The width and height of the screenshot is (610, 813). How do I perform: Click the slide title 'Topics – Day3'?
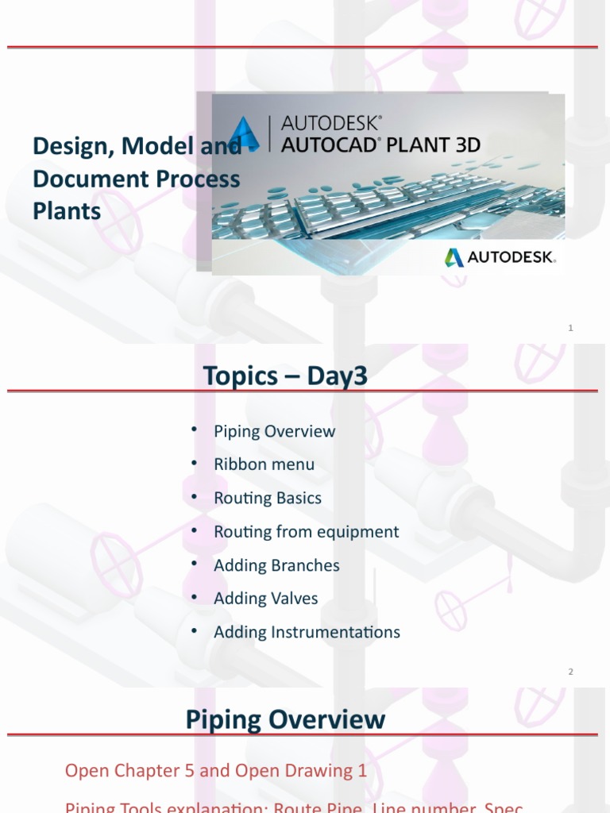click(285, 376)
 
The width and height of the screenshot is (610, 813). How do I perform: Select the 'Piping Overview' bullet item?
click(274, 431)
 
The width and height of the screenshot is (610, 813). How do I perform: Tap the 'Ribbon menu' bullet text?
click(264, 464)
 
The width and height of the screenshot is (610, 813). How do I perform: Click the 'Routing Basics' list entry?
click(268, 499)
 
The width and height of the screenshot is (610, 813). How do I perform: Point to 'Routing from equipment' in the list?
click(306, 532)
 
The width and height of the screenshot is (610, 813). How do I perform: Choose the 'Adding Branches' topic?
click(276, 565)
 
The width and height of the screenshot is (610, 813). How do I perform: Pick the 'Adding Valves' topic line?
click(265, 599)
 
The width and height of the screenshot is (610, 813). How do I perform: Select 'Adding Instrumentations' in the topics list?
click(307, 632)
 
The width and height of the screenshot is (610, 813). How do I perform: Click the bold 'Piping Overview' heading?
click(285, 720)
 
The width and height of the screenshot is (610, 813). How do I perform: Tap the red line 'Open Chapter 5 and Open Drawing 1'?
click(216, 770)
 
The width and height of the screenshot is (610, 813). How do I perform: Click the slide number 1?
click(570, 328)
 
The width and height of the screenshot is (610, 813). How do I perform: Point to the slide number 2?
click(570, 672)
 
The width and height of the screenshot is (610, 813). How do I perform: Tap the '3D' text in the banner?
click(464, 144)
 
